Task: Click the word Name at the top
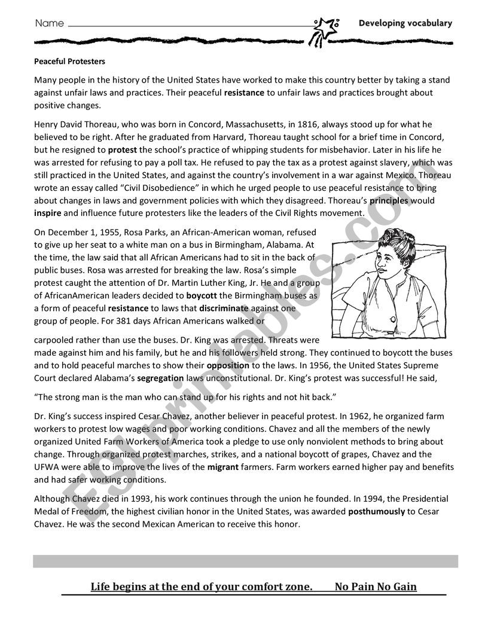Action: [x=50, y=24]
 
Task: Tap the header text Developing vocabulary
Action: [x=405, y=23]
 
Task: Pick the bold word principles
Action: [x=389, y=201]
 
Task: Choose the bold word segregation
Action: [x=160, y=377]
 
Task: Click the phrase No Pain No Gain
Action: [x=376, y=587]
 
